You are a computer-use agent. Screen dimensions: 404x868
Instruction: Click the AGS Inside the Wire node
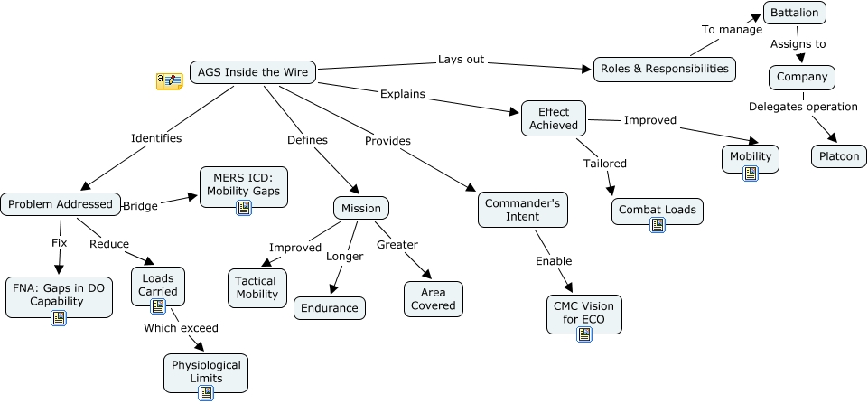[x=253, y=72]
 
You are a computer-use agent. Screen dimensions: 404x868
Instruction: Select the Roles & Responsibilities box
[x=664, y=68]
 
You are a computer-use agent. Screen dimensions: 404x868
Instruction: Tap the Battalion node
[x=795, y=14]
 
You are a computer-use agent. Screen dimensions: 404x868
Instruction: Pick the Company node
[x=801, y=77]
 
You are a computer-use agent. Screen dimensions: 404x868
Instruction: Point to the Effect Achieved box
[x=554, y=118]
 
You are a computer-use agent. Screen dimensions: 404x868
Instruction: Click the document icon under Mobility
[x=750, y=174]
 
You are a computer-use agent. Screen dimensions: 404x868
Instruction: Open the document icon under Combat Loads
[x=658, y=225]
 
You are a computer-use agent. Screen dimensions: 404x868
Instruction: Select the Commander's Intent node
[x=522, y=210]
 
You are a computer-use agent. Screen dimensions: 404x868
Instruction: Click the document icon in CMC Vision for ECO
[x=584, y=334]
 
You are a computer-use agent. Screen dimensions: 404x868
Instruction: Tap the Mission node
[x=361, y=208]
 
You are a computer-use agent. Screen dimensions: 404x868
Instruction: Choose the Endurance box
[x=330, y=308]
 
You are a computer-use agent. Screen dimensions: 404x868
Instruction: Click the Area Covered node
[x=434, y=299]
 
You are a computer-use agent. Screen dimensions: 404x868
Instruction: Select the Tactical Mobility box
[x=256, y=288]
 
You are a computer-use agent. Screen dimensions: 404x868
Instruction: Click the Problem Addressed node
[x=61, y=204]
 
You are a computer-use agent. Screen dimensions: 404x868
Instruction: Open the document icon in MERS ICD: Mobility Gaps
[x=243, y=208]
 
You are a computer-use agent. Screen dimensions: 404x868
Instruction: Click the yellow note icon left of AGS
[x=169, y=81]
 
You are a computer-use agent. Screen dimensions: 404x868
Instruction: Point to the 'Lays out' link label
[x=461, y=60]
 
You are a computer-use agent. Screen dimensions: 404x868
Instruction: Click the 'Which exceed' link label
[x=181, y=327]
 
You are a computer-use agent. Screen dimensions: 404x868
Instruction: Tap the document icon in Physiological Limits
[x=205, y=392]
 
